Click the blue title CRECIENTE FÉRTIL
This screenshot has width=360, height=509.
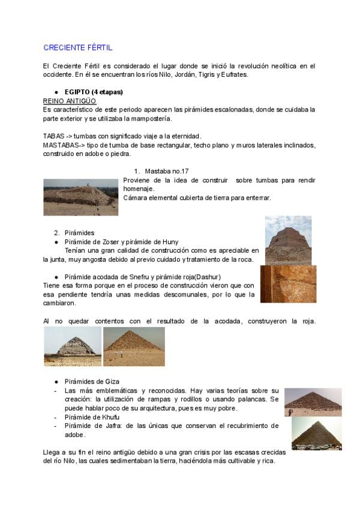[77, 47]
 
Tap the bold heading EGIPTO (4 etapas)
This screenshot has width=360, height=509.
[93, 92]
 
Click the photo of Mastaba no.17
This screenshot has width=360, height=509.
[80, 197]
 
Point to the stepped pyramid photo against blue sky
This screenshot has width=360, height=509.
[288, 240]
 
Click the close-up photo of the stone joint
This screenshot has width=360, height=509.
[288, 284]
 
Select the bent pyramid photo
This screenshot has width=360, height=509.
[72, 346]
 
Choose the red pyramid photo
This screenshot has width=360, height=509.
[134, 346]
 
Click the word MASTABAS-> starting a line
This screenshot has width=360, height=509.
[64, 145]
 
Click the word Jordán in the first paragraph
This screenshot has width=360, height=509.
[173, 75]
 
